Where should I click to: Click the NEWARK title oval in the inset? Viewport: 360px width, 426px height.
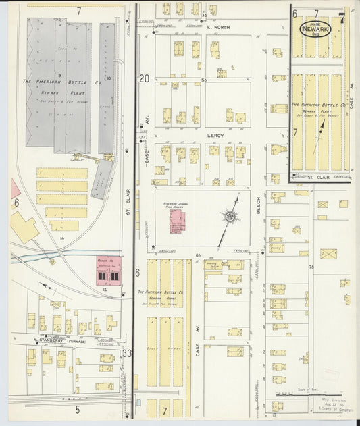[317, 30]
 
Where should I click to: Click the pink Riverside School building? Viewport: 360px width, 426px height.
[177, 222]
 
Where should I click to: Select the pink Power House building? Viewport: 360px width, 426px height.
[108, 269]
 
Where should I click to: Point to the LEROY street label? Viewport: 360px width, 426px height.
[214, 135]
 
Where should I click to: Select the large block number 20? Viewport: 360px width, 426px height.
[143, 79]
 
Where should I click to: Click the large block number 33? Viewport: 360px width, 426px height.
[127, 352]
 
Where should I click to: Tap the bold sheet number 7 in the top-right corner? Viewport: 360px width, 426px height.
[342, 18]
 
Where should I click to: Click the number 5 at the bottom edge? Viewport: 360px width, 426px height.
[78, 409]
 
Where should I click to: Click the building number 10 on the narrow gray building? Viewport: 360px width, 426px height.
[107, 78]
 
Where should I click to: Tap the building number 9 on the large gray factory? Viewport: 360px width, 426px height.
[59, 74]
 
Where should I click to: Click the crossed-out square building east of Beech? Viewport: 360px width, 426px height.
[328, 255]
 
